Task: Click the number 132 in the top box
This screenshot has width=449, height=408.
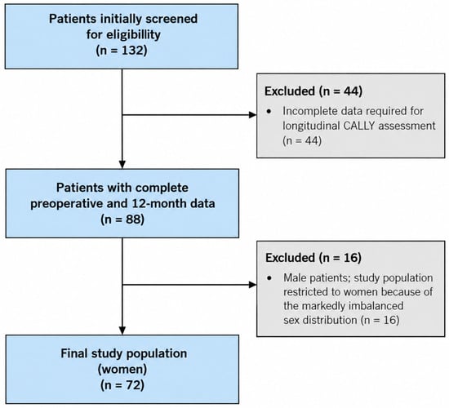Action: (131, 51)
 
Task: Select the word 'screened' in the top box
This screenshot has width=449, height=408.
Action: (171, 19)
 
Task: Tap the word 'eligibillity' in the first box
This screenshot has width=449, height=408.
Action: (133, 34)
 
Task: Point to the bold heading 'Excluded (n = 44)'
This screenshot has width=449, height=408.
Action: (313, 91)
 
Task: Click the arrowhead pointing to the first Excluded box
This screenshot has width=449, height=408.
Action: (253, 115)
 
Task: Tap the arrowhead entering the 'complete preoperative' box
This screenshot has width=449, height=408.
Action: (122, 165)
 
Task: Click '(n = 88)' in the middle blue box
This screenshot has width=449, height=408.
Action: (122, 220)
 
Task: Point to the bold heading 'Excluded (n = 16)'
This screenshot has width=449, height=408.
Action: (313, 258)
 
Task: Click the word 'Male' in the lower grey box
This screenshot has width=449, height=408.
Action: (295, 277)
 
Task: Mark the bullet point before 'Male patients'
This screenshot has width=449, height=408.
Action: (269, 278)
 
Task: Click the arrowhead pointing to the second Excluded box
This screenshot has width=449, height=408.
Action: (253, 285)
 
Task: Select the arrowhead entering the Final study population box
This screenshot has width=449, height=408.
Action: (122, 330)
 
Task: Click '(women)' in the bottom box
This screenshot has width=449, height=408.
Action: (122, 370)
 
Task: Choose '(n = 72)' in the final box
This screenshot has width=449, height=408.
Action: (122, 385)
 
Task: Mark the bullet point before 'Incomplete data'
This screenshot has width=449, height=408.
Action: (269, 111)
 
